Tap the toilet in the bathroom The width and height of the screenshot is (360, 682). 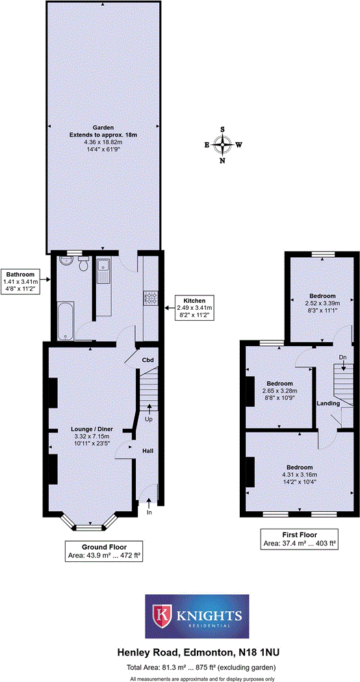point(83,264)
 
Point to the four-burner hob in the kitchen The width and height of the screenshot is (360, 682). point(151,298)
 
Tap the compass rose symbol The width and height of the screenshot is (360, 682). point(223,145)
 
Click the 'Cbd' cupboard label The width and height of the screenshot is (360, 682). point(147,359)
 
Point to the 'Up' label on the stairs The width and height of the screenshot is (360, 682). point(149,420)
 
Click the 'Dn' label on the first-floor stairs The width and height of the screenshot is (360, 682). point(343,357)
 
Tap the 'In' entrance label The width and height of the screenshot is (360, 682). point(149,512)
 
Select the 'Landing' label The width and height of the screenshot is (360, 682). point(328,403)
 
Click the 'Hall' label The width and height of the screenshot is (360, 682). point(148,450)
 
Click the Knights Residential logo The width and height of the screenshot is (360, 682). point(197,616)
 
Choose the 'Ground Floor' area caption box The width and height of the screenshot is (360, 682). point(104,551)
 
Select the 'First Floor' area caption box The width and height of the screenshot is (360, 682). point(300,538)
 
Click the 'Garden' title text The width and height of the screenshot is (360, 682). point(103,127)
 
